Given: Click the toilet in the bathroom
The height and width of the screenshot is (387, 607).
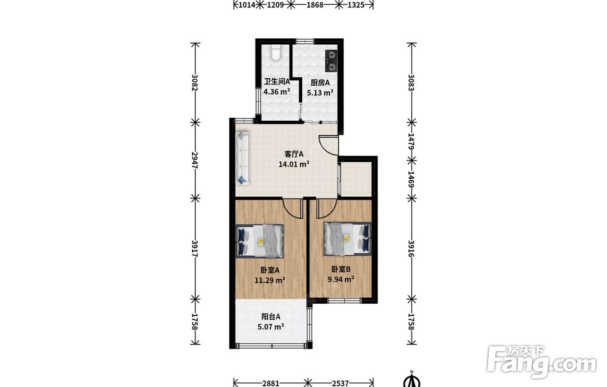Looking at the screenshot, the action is point(275,53).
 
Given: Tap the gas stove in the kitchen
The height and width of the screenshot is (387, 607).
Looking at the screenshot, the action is point(331,61).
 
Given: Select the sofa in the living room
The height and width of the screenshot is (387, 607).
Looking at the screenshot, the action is point(242,158).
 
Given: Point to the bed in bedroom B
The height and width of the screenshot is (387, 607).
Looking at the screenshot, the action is point(347,239).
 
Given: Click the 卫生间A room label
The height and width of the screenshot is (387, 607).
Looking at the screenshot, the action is point(277,82).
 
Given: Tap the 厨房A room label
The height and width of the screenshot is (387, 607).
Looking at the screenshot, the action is point(320,83).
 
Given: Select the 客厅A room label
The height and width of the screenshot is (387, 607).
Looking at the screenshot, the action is point(294,154).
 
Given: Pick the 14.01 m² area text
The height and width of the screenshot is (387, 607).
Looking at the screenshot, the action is point(294,164).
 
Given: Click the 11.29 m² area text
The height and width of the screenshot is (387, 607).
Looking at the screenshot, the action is point(270,279).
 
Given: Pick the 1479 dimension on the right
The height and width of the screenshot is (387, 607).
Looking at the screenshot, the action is point(412,142).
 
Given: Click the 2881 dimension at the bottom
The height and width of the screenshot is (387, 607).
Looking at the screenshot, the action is point(271,383).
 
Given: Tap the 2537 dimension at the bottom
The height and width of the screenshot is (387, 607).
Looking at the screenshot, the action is point(341,383).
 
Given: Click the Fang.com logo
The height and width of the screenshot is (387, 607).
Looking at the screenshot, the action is point(541,361).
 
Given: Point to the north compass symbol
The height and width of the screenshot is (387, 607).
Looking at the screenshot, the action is point(412,380).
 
